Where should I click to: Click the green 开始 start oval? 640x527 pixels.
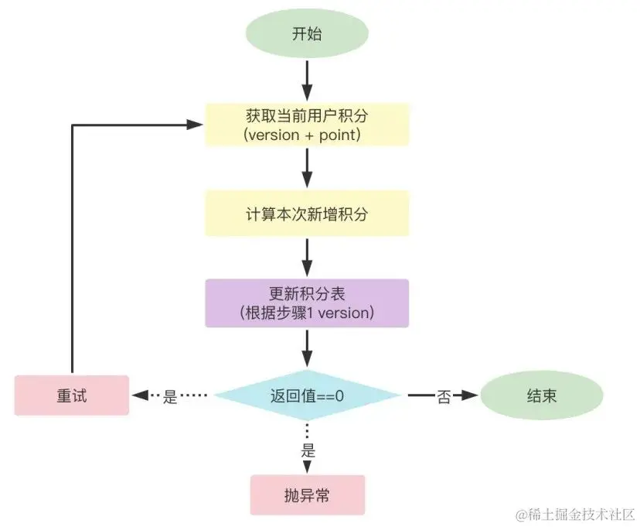click(x=307, y=33)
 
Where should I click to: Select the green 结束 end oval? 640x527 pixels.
click(x=542, y=395)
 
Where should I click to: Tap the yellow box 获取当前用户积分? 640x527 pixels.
click(x=307, y=125)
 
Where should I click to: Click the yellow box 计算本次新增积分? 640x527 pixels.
click(x=307, y=214)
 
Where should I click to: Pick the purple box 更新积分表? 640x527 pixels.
click(x=307, y=303)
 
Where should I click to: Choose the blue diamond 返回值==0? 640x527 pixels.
click(x=307, y=395)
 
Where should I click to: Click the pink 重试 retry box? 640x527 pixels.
click(x=72, y=395)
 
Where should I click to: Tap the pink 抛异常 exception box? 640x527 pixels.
click(x=308, y=495)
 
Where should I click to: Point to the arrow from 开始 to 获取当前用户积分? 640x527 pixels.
click(x=308, y=80)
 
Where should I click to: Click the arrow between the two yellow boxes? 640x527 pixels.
click(x=308, y=168)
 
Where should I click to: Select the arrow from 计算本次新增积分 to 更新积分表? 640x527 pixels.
click(x=308, y=258)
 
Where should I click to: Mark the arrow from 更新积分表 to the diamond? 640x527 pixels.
click(x=308, y=348)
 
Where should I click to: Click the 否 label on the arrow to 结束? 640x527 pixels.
click(x=444, y=396)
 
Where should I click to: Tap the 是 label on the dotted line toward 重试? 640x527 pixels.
click(x=170, y=396)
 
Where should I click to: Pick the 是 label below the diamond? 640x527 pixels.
click(x=308, y=450)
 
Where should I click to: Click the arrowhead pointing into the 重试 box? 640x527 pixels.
click(x=140, y=395)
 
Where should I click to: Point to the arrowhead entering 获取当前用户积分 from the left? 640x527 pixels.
click(x=195, y=124)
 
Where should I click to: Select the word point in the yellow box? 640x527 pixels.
click(x=338, y=135)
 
